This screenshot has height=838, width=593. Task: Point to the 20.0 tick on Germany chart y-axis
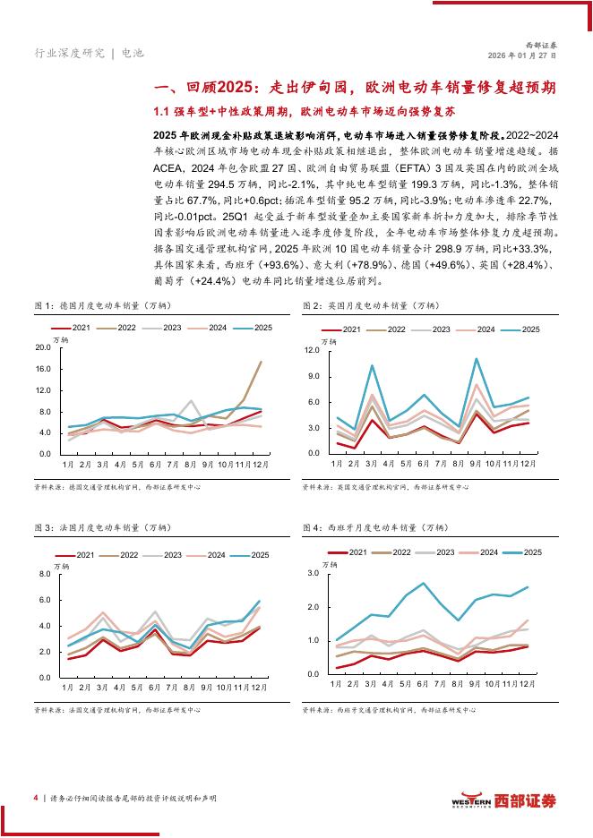(43, 347)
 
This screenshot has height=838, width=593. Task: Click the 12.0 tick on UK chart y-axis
(312, 350)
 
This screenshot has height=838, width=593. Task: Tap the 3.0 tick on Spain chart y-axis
(314, 573)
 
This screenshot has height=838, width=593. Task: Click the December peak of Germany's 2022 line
(261, 363)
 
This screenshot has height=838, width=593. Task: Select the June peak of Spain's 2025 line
(424, 584)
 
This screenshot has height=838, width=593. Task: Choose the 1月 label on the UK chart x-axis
(337, 465)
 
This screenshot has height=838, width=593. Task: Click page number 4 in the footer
(34, 798)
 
